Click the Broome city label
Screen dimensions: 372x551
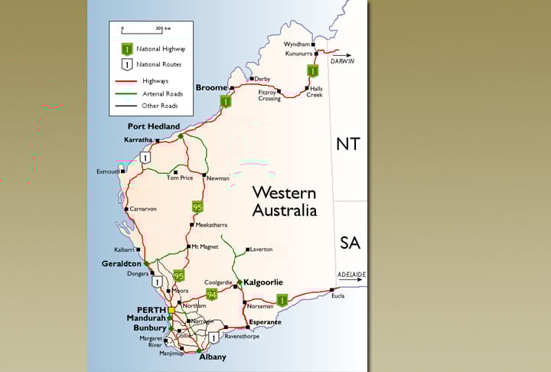pyautogui.click(x=211, y=88)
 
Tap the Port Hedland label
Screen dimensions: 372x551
pyautogui.click(x=154, y=126)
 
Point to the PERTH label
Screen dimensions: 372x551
pyautogui.click(x=152, y=309)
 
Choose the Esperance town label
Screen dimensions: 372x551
pyautogui.click(x=265, y=322)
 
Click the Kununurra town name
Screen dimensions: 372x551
pyautogui.click(x=299, y=54)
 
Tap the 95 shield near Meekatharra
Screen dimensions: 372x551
pyautogui.click(x=197, y=207)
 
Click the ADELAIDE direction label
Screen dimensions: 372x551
pyautogui.click(x=352, y=274)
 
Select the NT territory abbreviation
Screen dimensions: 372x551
pyautogui.click(x=349, y=144)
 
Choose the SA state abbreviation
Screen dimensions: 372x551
pyautogui.click(x=349, y=243)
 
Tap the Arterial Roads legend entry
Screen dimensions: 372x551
pyautogui.click(x=163, y=93)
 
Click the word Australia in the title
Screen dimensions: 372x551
pyautogui.click(x=285, y=209)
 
